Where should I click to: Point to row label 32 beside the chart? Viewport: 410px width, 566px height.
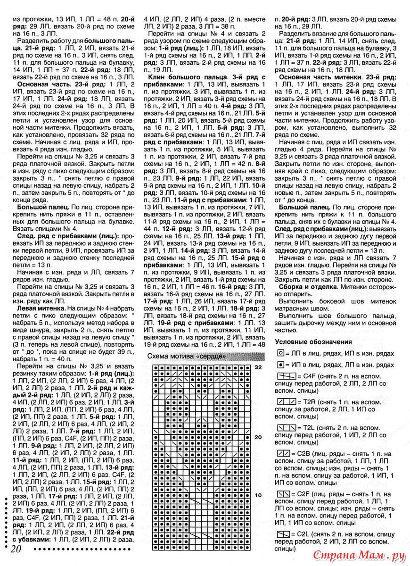(x=258, y=367)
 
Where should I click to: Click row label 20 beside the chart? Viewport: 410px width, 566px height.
(x=258, y=437)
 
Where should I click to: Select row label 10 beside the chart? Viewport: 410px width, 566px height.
(x=258, y=495)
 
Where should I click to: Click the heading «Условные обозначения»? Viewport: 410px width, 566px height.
(x=313, y=341)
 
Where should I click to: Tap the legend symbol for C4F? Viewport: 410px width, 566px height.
(x=285, y=376)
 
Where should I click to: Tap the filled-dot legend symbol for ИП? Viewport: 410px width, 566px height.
(x=280, y=365)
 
